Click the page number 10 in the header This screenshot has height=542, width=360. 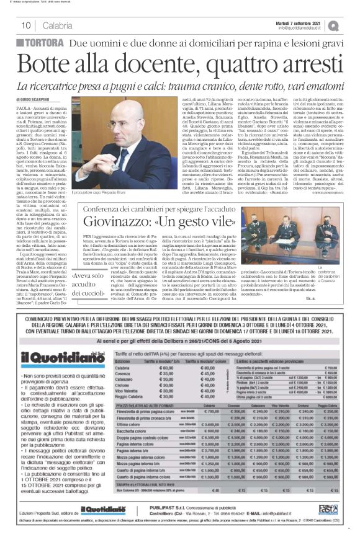coord(26,25)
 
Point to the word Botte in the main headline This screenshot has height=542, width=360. coord(62,64)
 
